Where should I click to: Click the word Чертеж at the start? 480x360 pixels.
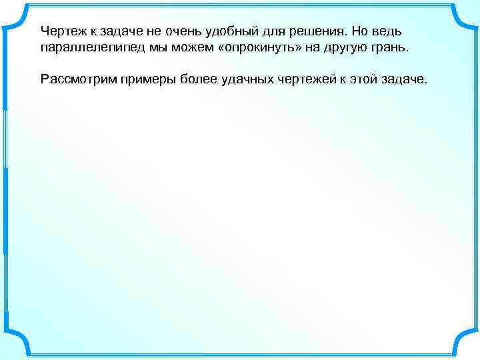(62, 32)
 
